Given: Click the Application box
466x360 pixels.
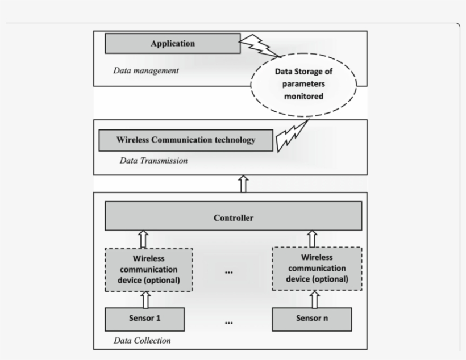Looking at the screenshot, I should pyautogui.click(x=172, y=44).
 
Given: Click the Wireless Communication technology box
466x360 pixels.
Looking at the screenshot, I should pyautogui.click(x=185, y=140).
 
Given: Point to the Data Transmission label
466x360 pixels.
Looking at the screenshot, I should pyautogui.click(x=153, y=161).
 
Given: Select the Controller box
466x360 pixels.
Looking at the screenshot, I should pyautogui.click(x=232, y=217).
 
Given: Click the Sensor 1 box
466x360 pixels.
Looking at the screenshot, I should pyautogui.click(x=145, y=319).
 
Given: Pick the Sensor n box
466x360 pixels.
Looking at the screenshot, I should pyautogui.click(x=311, y=319).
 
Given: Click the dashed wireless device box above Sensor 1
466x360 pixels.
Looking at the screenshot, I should pyautogui.click(x=148, y=269).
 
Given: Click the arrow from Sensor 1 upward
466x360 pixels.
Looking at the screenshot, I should pyautogui.click(x=145, y=299).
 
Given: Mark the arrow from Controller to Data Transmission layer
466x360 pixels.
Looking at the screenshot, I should pyautogui.click(x=244, y=183).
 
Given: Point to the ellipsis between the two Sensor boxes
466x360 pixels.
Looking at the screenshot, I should pyautogui.click(x=229, y=322).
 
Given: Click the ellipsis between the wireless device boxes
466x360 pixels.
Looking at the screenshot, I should pyautogui.click(x=229, y=271).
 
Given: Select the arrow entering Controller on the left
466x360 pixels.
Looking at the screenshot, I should pyautogui.click(x=144, y=239).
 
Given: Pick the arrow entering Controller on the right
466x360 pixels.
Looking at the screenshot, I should pyautogui.click(x=312, y=238).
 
